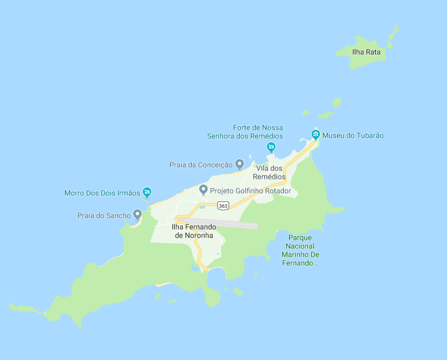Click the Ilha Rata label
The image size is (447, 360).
(x=366, y=52)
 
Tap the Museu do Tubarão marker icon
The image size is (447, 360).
(x=315, y=135)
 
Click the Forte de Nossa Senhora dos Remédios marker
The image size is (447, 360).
(x=271, y=147)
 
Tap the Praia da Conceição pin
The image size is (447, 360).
(x=239, y=164)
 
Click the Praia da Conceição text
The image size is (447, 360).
(x=201, y=165)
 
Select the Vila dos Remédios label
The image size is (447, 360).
(x=269, y=173)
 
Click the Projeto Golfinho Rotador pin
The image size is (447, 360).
(x=203, y=190)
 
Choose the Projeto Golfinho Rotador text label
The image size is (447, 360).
(x=250, y=191)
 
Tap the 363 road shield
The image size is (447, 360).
(x=224, y=206)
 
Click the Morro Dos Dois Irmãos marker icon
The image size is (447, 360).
(x=147, y=192)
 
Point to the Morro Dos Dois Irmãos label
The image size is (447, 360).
(x=102, y=193)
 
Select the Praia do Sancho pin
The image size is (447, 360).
(x=137, y=214)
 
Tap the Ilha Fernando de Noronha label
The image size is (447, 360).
(x=192, y=231)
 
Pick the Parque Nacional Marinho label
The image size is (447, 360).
(x=299, y=250)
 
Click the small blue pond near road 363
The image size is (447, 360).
(x=201, y=207)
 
